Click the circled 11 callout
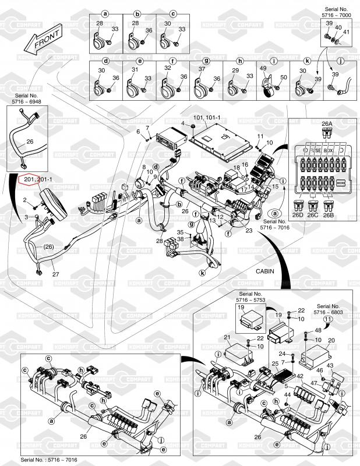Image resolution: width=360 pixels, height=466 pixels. click(329, 320)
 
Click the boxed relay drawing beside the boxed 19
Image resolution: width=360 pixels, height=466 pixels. click(253, 317)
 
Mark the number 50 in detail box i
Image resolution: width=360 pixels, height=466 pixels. click(284, 77)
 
